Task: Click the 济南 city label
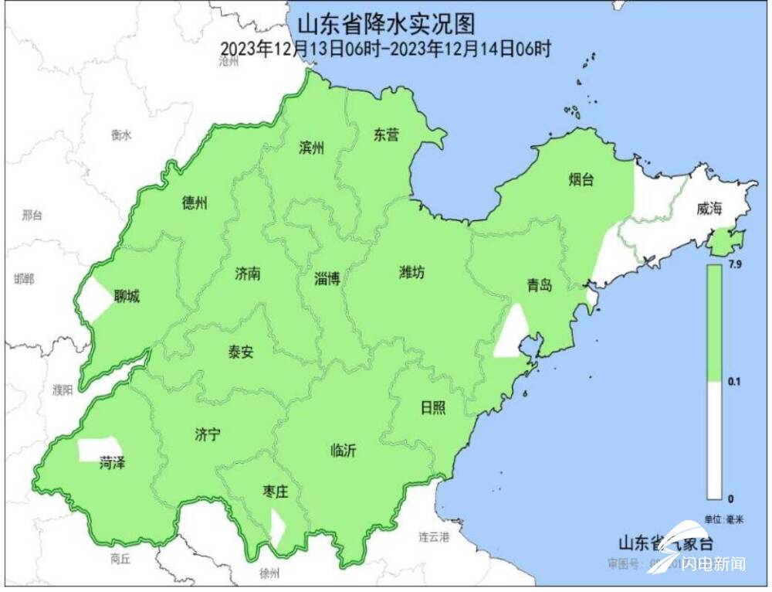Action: tap(248, 274)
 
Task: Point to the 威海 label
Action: tap(709, 209)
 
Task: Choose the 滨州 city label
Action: tap(312, 148)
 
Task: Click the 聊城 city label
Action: tap(127, 297)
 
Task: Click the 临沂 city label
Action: tap(343, 451)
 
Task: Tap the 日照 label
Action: tap(432, 407)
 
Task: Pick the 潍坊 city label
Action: tap(411, 272)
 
